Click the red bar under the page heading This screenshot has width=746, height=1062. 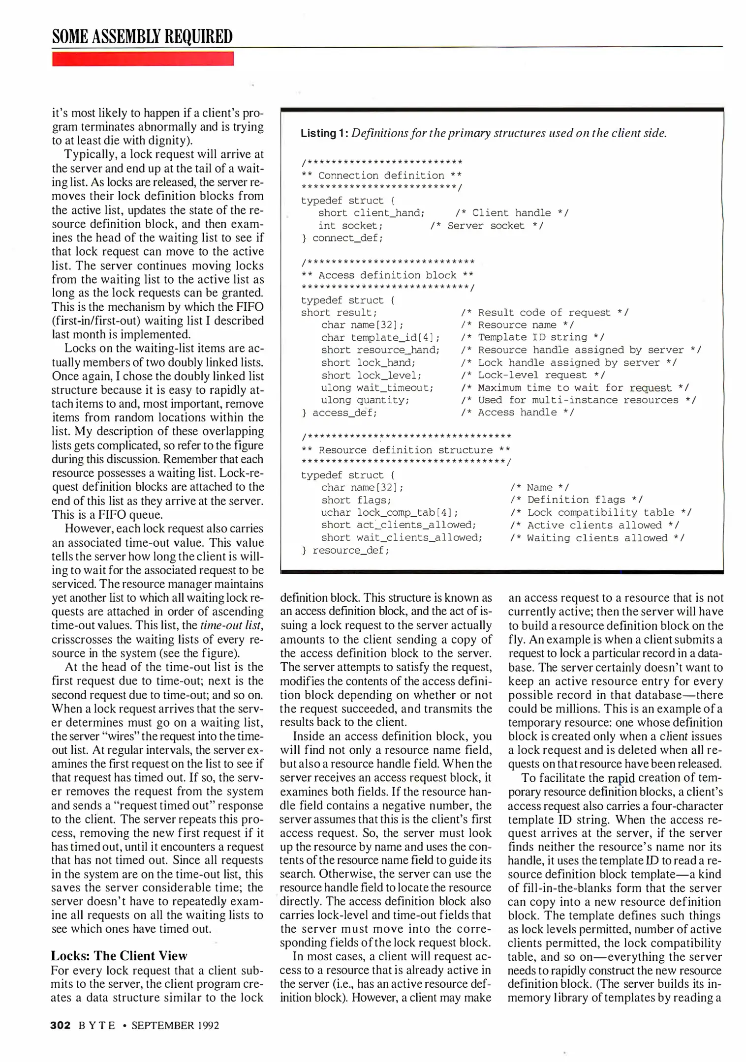(x=143, y=59)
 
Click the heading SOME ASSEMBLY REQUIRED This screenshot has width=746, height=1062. (x=142, y=37)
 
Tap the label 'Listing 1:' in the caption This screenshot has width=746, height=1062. (x=324, y=133)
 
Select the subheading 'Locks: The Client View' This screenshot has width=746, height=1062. (x=119, y=955)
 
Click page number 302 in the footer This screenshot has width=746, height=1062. (x=60, y=1025)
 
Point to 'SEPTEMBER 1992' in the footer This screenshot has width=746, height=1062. (x=175, y=1025)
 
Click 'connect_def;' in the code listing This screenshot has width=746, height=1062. (x=347, y=238)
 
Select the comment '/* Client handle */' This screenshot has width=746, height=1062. (x=512, y=213)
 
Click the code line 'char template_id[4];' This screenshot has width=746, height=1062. (x=380, y=337)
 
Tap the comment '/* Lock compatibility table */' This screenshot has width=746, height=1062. (x=600, y=512)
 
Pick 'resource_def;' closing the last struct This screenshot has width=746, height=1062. (x=350, y=550)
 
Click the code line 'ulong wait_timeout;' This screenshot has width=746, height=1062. (x=377, y=387)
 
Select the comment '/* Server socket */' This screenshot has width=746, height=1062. (x=486, y=226)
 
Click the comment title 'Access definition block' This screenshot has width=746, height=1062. (x=388, y=275)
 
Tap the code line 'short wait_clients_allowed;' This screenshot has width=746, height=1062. (x=402, y=537)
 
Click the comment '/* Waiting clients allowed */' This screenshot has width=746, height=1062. (x=596, y=538)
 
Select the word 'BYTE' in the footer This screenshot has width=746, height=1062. (x=97, y=1025)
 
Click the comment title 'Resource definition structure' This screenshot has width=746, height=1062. (x=405, y=450)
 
